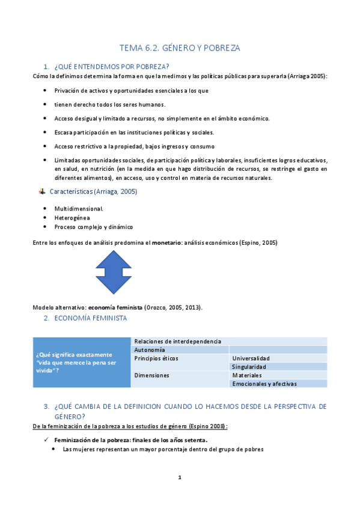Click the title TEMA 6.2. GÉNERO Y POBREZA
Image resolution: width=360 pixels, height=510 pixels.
pos(180,48)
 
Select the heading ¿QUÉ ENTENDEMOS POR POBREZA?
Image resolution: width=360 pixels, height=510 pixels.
pos(111,66)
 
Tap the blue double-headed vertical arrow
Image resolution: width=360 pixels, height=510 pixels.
pos(113,272)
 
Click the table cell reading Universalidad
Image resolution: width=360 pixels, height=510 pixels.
pos(251,358)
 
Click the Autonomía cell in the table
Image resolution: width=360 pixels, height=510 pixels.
pos(150,349)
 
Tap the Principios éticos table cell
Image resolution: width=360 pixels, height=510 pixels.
pos(156,358)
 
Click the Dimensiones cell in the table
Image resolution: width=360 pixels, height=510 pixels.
pos(152,375)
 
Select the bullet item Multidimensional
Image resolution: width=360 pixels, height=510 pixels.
pos(79,208)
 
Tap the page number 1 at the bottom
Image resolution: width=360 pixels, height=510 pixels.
pos(180,478)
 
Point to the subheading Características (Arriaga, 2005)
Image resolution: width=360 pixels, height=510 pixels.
pos(93,192)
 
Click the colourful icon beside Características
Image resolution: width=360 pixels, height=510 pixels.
pos(42,192)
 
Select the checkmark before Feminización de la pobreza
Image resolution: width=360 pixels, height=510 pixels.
pos(46,440)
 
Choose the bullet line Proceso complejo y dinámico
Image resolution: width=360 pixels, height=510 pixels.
pos(93,227)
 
